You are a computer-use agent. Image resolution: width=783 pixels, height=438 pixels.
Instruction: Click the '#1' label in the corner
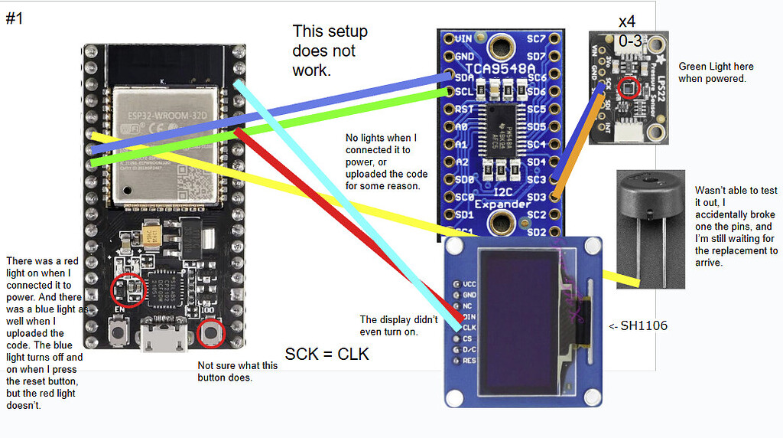coord(15,18)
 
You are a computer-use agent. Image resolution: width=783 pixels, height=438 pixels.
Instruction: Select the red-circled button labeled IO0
coord(210,333)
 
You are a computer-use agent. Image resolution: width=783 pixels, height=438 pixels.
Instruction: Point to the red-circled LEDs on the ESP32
coord(126,289)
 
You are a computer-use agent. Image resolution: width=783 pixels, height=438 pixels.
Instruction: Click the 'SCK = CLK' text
coord(327,355)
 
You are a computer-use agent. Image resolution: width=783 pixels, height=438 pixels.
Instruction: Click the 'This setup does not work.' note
coord(330,51)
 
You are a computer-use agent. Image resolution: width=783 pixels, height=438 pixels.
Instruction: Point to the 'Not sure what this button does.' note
coord(238,371)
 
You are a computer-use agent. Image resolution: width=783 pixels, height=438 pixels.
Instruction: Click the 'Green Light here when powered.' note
coord(712,73)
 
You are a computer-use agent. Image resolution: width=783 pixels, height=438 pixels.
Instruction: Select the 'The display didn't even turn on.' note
coord(398,325)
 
